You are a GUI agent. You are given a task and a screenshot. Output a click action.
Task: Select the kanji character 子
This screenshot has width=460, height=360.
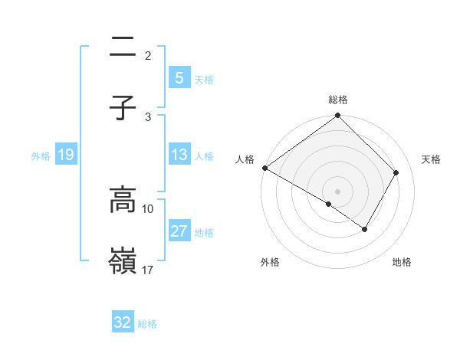tap(123, 108)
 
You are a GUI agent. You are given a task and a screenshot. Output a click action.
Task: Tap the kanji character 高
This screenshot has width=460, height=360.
tap(123, 200)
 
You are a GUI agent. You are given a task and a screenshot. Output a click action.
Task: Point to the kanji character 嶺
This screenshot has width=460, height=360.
tap(123, 261)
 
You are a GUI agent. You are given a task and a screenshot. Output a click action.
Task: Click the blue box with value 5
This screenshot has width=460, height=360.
tap(179, 77)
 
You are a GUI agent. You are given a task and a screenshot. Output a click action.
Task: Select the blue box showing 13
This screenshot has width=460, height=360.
tap(179, 155)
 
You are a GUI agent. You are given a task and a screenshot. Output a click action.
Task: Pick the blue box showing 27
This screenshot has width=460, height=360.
tap(179, 231)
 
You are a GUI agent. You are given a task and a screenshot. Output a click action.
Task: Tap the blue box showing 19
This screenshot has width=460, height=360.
tap(65, 155)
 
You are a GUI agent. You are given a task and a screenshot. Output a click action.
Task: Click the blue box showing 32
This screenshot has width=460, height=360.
tap(123, 322)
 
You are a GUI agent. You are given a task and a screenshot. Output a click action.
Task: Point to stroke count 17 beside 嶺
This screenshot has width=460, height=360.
tap(148, 270)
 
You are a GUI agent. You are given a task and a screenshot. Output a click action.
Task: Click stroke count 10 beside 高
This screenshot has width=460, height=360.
tap(148, 208)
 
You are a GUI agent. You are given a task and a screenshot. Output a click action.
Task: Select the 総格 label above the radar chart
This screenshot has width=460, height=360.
tap(338, 100)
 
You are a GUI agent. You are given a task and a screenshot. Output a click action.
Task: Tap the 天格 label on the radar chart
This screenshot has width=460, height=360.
tap(431, 159)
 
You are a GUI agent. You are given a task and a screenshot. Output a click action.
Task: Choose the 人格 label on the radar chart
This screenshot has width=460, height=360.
tap(245, 159)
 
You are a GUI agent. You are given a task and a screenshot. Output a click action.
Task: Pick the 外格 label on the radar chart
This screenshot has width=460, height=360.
tap(270, 263)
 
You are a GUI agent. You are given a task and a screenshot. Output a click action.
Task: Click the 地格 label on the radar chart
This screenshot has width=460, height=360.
tap(402, 263)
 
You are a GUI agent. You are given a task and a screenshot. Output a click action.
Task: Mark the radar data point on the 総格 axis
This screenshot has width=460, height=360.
tap(338, 116)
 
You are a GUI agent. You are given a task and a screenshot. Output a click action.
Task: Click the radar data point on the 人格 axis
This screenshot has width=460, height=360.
tap(264, 168)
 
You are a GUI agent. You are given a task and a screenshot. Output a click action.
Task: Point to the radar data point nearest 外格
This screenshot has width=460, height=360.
tap(329, 205)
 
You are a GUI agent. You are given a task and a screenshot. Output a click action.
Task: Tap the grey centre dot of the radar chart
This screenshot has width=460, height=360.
tap(338, 191)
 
